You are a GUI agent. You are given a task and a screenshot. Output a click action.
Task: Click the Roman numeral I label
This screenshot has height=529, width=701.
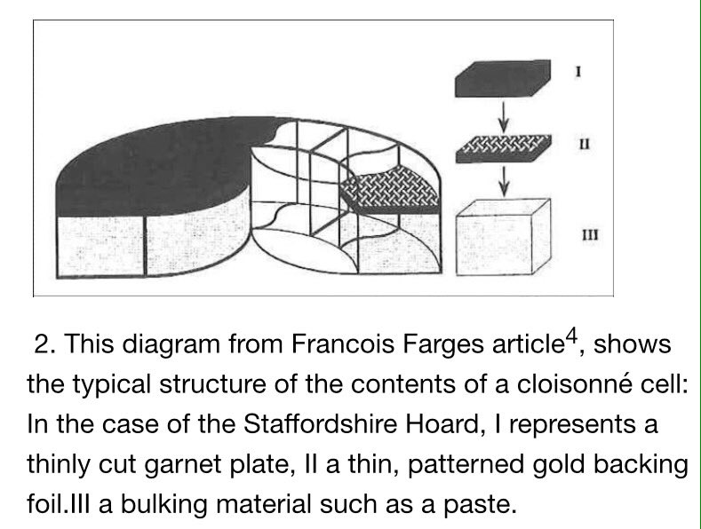[578, 69]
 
